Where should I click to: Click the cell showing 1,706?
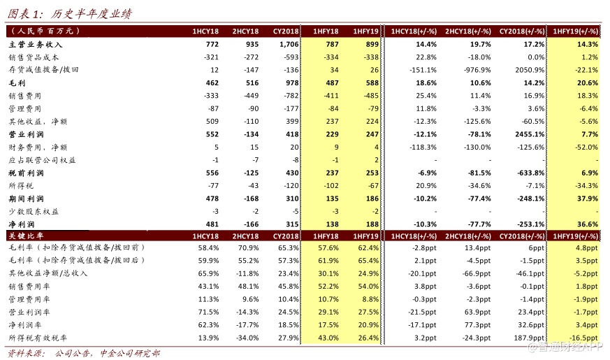pyautogui.click(x=289, y=44)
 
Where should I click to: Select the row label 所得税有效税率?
pyautogui.click(x=36, y=338)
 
